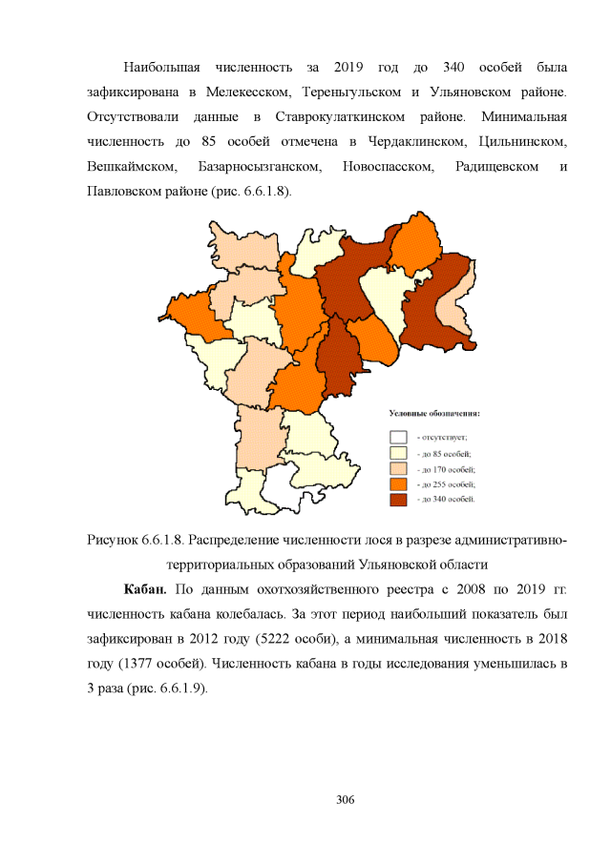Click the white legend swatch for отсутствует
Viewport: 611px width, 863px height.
click(x=398, y=437)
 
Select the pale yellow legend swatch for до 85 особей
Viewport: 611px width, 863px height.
click(x=398, y=453)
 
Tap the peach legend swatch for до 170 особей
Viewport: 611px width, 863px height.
click(x=398, y=469)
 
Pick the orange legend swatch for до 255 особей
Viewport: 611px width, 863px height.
click(x=398, y=484)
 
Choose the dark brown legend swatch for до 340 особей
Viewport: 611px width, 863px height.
click(x=398, y=500)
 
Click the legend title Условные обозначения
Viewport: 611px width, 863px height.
click(x=433, y=414)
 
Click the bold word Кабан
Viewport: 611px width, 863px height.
click(x=145, y=586)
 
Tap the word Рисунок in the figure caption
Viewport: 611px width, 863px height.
click(x=114, y=542)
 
